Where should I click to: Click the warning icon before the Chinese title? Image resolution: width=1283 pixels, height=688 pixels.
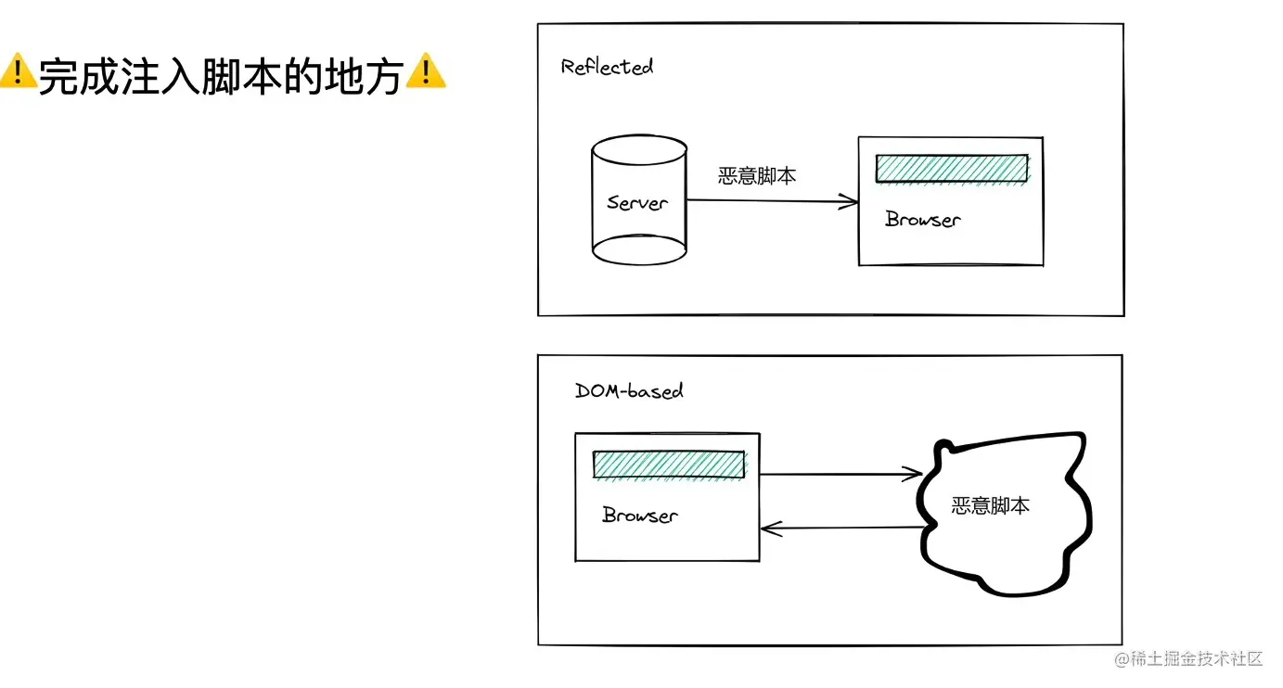point(18,72)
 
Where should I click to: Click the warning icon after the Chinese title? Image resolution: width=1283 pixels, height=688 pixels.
point(426,72)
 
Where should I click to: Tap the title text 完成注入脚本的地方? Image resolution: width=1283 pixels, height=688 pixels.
point(221,75)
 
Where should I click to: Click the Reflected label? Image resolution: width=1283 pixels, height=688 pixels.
point(607,67)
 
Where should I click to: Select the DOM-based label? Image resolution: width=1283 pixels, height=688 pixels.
point(629,390)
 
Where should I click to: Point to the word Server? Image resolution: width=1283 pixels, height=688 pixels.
point(637,202)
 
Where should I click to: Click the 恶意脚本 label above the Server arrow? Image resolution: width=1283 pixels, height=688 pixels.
point(757,176)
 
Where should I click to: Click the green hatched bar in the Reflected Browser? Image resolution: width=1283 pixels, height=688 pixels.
point(952,168)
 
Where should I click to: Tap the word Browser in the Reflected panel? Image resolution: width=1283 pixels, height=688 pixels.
point(922,220)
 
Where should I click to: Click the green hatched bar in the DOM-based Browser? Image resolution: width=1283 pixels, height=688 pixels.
point(669,465)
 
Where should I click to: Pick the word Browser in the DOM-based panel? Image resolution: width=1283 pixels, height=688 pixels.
point(639,516)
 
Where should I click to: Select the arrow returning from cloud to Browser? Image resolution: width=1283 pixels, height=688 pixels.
point(840,529)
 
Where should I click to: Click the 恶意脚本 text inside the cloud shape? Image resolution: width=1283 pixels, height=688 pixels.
point(991,506)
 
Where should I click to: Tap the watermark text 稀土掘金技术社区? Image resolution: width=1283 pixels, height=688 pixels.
point(1197,659)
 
